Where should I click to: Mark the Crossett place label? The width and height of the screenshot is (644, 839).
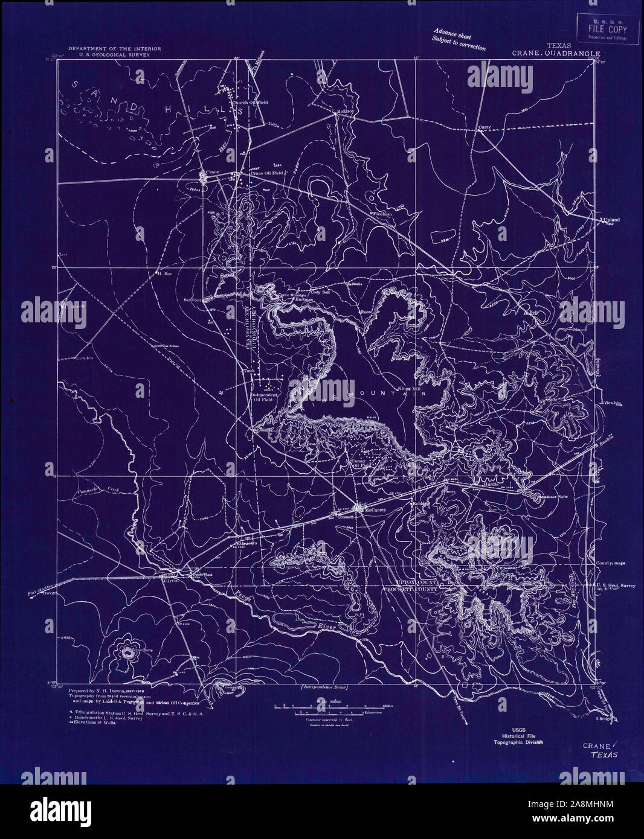(x=345, y=517)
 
